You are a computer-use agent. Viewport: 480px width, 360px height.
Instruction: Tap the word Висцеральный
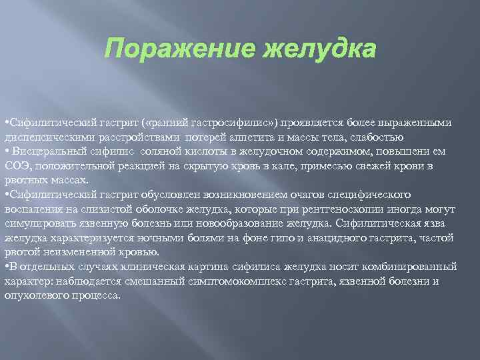[x=43, y=153]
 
